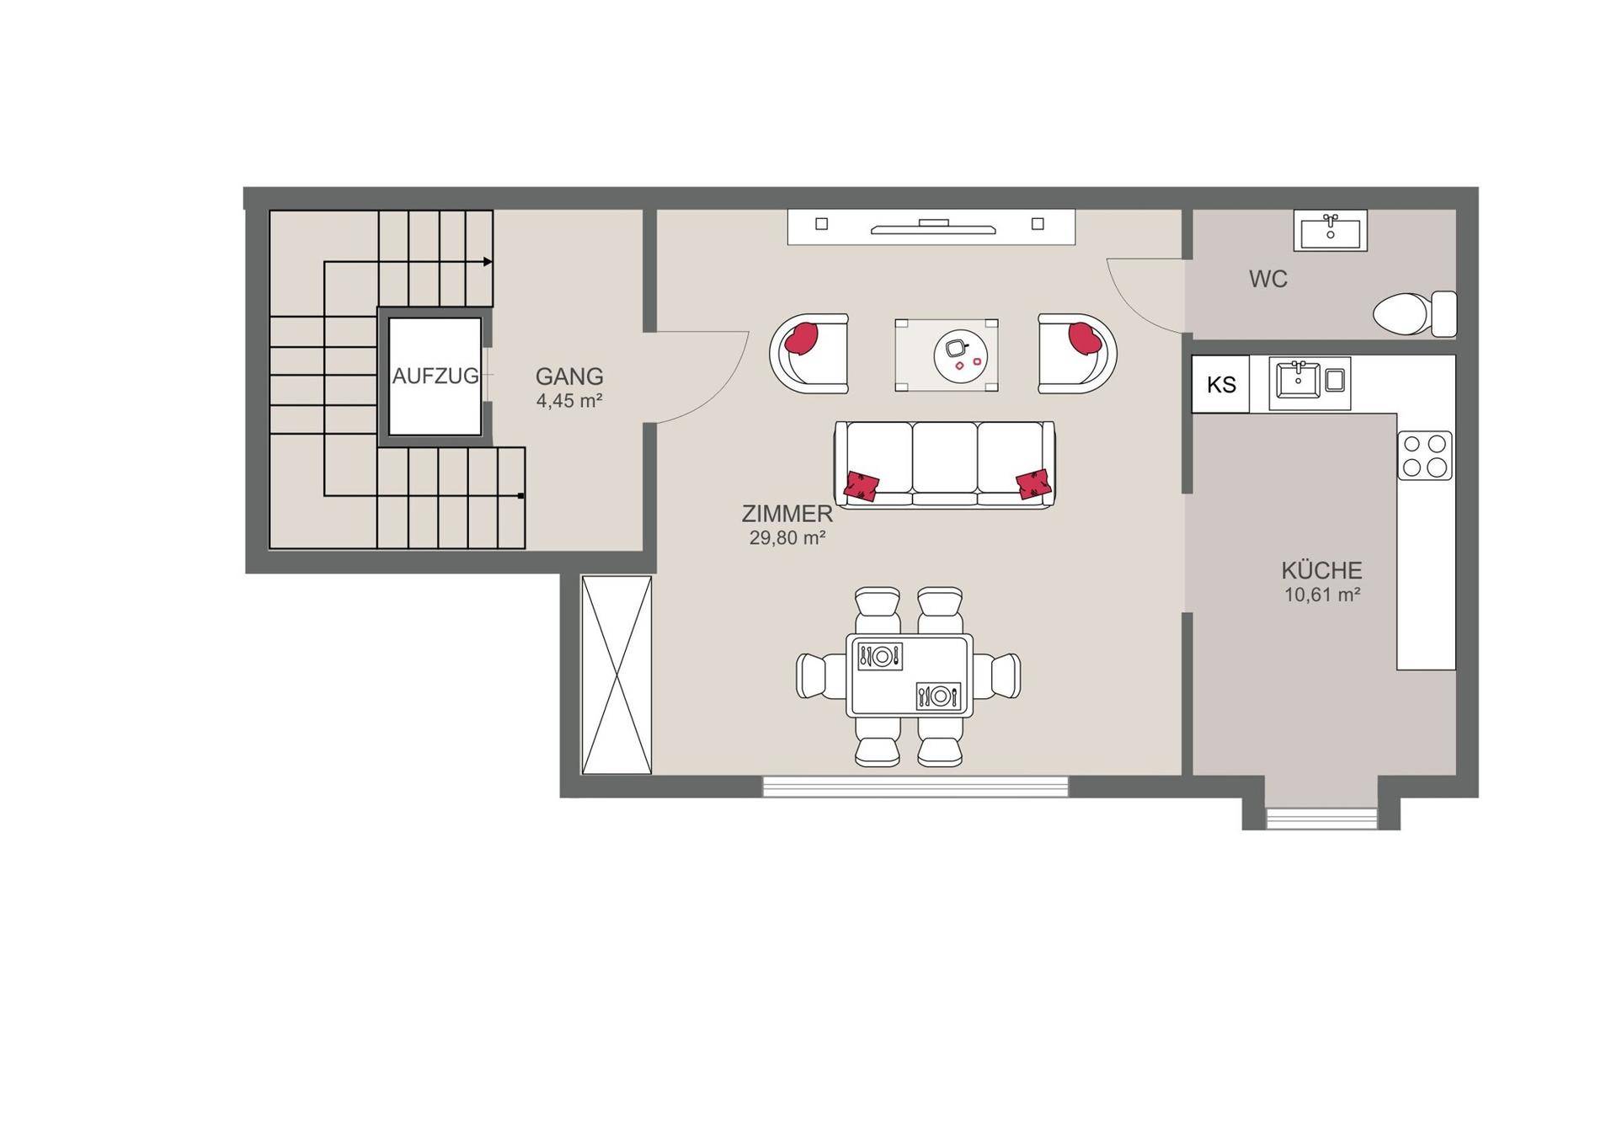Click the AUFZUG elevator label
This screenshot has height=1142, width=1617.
(x=435, y=376)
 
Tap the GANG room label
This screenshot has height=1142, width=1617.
(x=569, y=376)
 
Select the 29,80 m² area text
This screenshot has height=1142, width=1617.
(x=787, y=538)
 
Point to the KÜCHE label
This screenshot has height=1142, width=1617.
(x=1321, y=570)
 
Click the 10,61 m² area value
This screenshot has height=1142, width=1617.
(x=1322, y=595)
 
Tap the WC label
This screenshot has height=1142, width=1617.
(x=1268, y=279)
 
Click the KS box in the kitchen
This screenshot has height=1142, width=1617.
(x=1220, y=385)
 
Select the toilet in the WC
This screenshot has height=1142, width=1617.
(x=1415, y=314)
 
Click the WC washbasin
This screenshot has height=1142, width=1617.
(x=1331, y=231)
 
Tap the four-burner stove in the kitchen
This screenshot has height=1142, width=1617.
(x=1425, y=456)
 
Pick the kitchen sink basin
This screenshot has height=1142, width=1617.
(x=1298, y=381)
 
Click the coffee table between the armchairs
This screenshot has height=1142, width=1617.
(x=947, y=355)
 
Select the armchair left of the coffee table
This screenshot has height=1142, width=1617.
(x=808, y=354)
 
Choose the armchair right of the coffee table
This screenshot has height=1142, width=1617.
(x=1077, y=354)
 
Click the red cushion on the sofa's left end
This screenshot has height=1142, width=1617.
(x=862, y=485)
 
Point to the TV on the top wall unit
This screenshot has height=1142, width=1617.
(x=933, y=227)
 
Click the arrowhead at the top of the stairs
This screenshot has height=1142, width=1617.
(x=488, y=262)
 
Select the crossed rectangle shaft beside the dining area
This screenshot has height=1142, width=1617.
(x=616, y=675)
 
